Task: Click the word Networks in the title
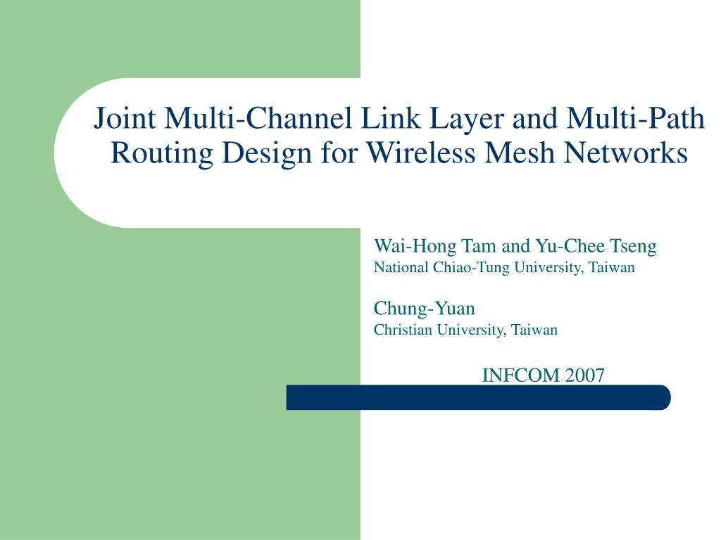(629, 153)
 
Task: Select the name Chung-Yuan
(424, 309)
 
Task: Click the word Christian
(402, 330)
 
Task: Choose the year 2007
(584, 375)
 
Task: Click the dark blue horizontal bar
(478, 397)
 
